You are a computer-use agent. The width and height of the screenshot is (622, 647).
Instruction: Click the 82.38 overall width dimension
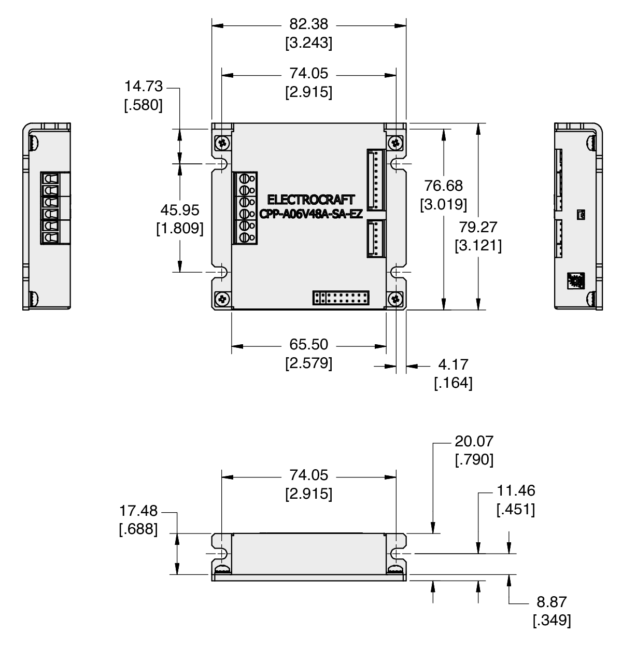click(x=308, y=24)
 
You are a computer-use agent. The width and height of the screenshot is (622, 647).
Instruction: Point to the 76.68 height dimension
click(x=443, y=186)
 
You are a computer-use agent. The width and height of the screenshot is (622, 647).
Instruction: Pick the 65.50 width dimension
click(x=308, y=345)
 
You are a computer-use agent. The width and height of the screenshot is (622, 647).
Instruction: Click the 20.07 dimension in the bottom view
click(x=474, y=442)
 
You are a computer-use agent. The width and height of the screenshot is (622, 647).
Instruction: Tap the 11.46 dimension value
click(x=516, y=491)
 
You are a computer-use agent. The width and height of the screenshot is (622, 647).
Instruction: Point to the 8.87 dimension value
click(x=552, y=602)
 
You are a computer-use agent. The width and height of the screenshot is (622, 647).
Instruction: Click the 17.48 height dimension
click(x=138, y=511)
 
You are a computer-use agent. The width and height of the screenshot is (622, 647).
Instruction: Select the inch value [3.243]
click(x=308, y=43)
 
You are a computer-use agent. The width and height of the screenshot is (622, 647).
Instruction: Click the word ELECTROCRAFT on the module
click(x=310, y=200)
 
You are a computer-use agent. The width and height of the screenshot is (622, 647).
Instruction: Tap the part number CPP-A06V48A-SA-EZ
click(x=310, y=214)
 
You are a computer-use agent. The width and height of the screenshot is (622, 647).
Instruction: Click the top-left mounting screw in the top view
click(x=223, y=143)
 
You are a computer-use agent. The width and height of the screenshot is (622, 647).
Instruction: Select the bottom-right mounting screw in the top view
click(x=395, y=299)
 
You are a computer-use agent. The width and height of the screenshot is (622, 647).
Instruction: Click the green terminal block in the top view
click(x=245, y=207)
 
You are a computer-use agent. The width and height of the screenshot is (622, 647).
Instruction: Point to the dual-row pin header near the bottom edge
click(x=341, y=298)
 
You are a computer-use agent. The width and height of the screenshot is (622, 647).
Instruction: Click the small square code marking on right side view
click(x=576, y=280)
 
